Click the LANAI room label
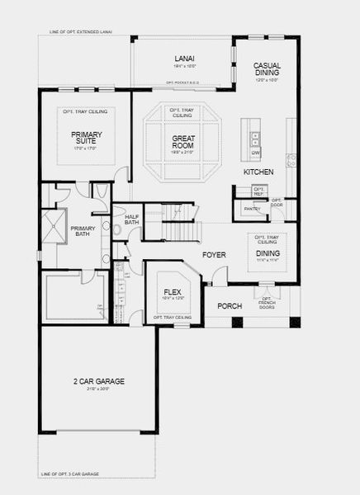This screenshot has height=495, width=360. (x=183, y=58)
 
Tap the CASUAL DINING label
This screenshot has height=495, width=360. (x=267, y=69)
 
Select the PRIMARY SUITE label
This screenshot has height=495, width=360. (x=85, y=137)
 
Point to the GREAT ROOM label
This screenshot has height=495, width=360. (x=182, y=140)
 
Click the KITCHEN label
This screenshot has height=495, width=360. (x=258, y=172)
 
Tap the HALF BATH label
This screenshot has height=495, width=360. (x=131, y=220)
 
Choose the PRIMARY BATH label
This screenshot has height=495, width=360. (x=83, y=231)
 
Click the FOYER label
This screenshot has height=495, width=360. (x=214, y=255)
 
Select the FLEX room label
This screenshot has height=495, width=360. (x=172, y=292)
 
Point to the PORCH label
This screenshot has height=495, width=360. (x=230, y=306)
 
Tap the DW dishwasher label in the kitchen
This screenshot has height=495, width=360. (x=256, y=153)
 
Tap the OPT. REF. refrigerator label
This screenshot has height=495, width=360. (x=258, y=191)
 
